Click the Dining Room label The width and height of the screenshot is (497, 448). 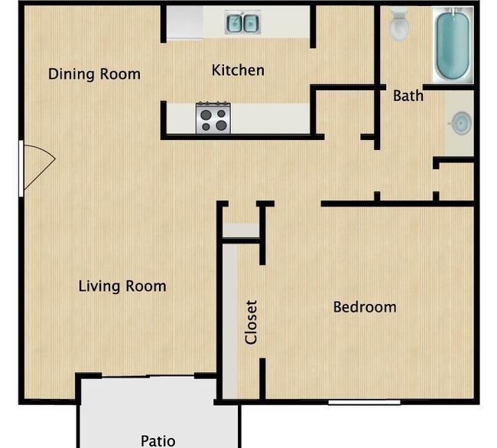pos(94,74)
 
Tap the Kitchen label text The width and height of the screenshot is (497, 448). pos(238,70)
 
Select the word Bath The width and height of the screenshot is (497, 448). pos(408,96)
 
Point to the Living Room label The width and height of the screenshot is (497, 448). pos(122,286)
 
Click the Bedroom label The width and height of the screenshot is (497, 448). pos(365,307)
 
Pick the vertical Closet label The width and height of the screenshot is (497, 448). pos(251,322)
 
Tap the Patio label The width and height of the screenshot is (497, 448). pos(158,441)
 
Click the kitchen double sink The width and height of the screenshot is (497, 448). pos(243,22)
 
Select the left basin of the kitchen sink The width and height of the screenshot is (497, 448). pos(235,23)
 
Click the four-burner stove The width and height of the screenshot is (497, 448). pos(213,117)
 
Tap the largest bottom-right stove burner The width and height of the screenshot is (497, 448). pos(221,126)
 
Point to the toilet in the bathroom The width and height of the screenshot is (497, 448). pos(399,25)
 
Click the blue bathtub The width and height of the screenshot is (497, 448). pos(453,44)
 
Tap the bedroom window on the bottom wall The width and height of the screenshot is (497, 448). pos(364,402)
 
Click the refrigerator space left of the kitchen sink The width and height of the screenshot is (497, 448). pos(185,22)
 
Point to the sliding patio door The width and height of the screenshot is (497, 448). pos(148,377)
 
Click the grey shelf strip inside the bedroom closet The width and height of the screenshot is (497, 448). pos(230,322)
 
